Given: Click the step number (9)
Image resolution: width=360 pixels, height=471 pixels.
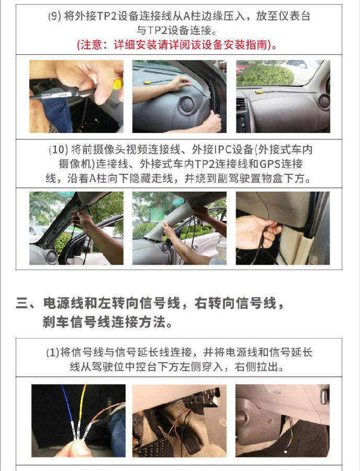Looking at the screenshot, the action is pos(54,16).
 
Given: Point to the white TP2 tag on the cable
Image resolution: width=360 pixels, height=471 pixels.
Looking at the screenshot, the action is pos(62,95).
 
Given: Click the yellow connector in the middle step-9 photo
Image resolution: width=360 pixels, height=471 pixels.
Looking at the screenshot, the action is pos(147,82).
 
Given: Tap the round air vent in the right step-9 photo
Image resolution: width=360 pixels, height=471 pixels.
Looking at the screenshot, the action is pos(324,101).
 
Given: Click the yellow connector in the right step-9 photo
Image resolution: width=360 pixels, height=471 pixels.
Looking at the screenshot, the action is pos(257,93).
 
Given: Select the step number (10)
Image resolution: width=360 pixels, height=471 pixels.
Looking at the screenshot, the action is pos(58,149).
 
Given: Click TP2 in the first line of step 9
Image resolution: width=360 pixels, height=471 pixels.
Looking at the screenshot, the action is pos(107,16).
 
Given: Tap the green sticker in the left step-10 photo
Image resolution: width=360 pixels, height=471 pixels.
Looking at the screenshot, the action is pos(66,194).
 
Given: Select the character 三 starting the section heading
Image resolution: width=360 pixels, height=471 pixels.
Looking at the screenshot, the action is pos(22,304).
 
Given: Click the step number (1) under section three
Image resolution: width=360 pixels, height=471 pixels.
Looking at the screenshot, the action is pos(53,352).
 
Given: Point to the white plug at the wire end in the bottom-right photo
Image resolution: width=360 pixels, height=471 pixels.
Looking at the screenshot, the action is pos(285,451).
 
